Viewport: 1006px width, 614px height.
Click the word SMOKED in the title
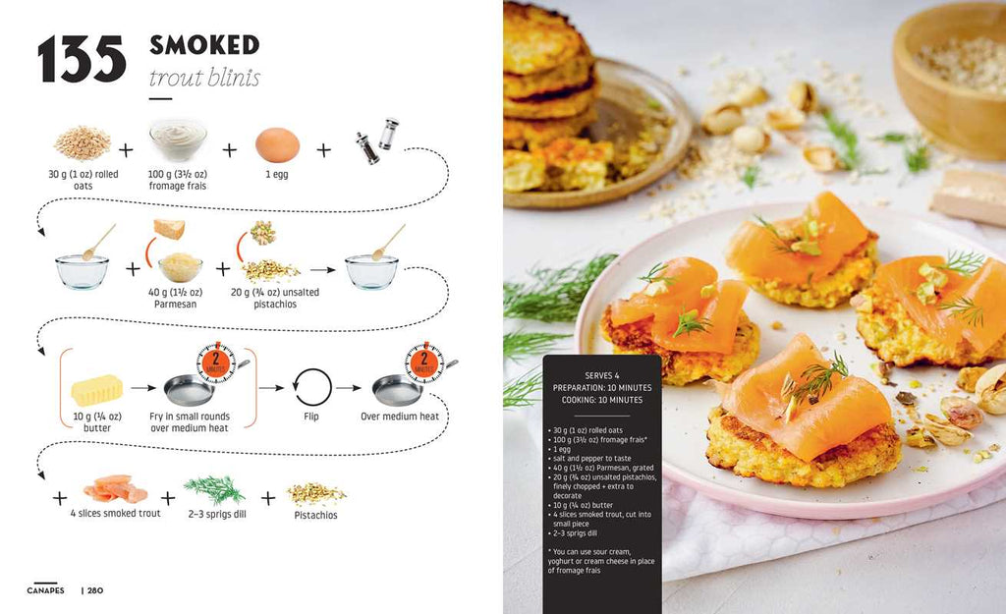tap(204, 44)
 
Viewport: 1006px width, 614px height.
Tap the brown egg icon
tap(277, 145)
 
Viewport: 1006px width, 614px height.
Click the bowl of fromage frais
tap(178, 140)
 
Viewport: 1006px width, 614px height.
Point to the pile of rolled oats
tap(82, 143)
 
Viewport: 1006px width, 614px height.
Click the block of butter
tap(96, 390)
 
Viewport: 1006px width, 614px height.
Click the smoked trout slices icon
tap(115, 488)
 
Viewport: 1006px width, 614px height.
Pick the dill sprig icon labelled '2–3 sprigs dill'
tap(214, 488)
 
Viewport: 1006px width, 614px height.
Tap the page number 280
tap(93, 590)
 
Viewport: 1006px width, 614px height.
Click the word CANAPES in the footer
tap(45, 590)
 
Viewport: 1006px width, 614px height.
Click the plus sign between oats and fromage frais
tap(126, 150)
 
